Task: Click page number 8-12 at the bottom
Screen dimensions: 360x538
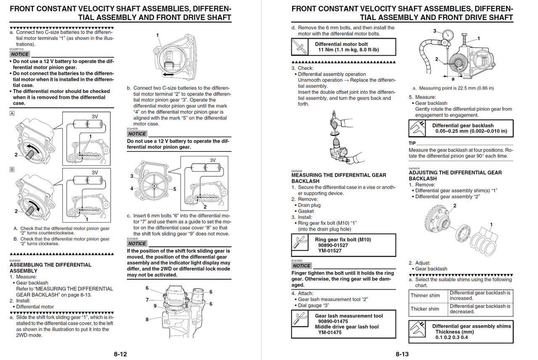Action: [120, 354]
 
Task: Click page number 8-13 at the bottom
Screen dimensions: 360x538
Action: [402, 354]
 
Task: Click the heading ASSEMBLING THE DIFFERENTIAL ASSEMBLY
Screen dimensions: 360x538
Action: [50, 268]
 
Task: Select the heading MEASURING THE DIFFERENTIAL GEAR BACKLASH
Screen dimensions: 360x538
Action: [338, 178]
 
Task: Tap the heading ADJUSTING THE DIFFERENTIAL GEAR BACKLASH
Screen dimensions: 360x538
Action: [455, 175]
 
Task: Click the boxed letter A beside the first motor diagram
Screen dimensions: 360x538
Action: [12, 114]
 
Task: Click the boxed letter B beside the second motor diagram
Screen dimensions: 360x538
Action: [12, 170]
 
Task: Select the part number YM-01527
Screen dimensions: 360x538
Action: [330, 251]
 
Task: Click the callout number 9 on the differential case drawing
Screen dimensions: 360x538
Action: [155, 306]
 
